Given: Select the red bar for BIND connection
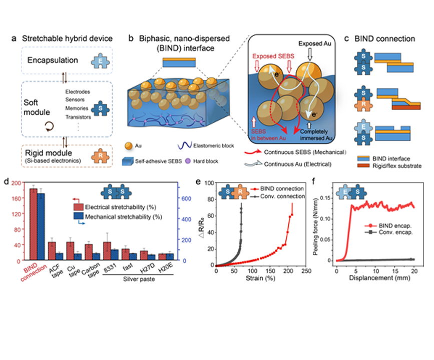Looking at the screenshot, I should (x=34, y=224).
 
